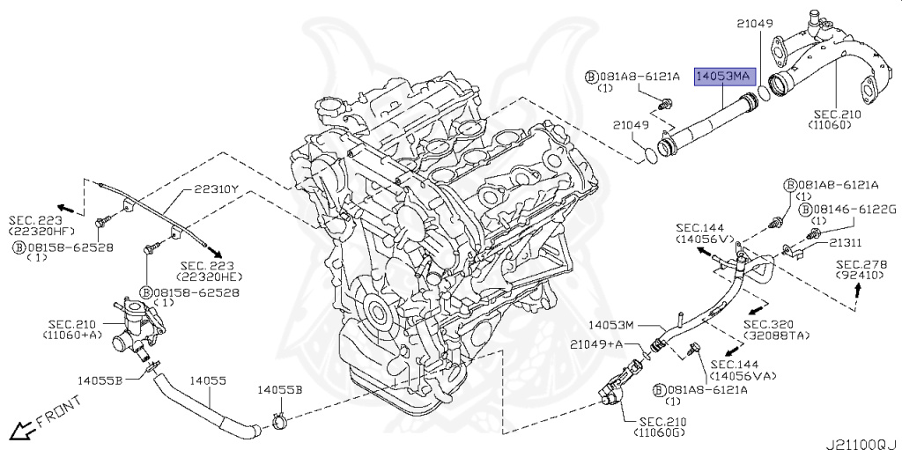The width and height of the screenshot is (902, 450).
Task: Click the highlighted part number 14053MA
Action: click(x=724, y=77)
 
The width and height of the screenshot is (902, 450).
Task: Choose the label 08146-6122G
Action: click(x=848, y=209)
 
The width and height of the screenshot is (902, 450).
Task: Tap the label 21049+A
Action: click(x=596, y=343)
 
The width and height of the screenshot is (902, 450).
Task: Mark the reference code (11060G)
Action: click(x=659, y=433)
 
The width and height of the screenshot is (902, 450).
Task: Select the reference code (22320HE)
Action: click(x=210, y=277)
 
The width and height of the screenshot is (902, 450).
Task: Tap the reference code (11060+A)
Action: click(x=70, y=336)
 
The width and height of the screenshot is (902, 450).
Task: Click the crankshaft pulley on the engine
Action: click(x=378, y=313)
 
